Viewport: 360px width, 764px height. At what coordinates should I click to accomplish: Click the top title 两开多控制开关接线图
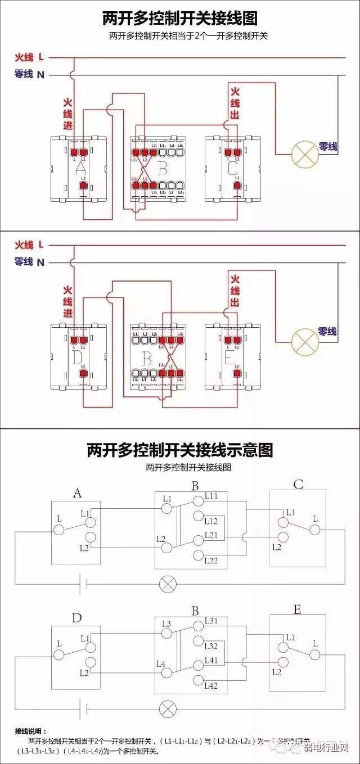(180, 19)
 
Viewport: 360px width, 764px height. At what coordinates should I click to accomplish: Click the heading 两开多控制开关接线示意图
(180, 450)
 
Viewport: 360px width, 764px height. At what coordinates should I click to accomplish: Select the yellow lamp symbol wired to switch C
(304, 154)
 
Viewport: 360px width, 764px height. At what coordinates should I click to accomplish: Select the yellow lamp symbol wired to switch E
(304, 340)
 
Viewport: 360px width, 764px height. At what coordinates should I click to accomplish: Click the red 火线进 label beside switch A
(67, 115)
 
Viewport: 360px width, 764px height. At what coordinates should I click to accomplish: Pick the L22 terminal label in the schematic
(211, 560)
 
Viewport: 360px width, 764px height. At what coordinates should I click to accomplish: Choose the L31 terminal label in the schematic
(211, 621)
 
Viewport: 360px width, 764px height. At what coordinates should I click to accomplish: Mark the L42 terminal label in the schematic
(211, 685)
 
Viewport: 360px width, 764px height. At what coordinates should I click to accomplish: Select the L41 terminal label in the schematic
(211, 661)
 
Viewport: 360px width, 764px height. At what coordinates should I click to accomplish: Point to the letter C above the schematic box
(298, 485)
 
